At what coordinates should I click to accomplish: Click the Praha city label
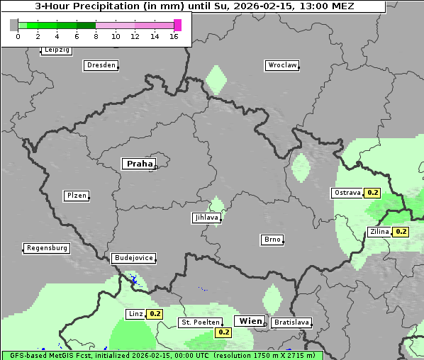[x=139, y=164]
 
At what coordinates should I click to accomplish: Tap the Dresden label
[x=100, y=65]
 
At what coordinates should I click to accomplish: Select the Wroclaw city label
[x=281, y=65]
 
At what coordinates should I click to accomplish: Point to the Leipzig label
[x=57, y=50]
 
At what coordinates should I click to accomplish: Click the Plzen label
[x=76, y=196]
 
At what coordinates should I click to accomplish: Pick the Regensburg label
[x=47, y=248]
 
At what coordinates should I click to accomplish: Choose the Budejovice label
[x=133, y=258]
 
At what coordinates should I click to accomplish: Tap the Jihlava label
[x=206, y=218]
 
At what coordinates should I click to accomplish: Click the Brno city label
[x=272, y=240]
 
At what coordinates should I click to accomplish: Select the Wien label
[x=250, y=321]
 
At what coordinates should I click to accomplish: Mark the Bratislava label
[x=291, y=322]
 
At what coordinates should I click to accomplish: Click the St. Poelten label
[x=200, y=322]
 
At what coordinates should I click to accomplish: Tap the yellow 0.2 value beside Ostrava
[x=372, y=193]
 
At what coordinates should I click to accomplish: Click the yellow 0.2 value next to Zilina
[x=401, y=232]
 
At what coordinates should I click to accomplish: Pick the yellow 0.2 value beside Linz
[x=155, y=314]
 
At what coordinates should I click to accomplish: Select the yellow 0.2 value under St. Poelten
[x=224, y=332]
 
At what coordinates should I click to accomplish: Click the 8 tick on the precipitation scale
[x=95, y=36]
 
